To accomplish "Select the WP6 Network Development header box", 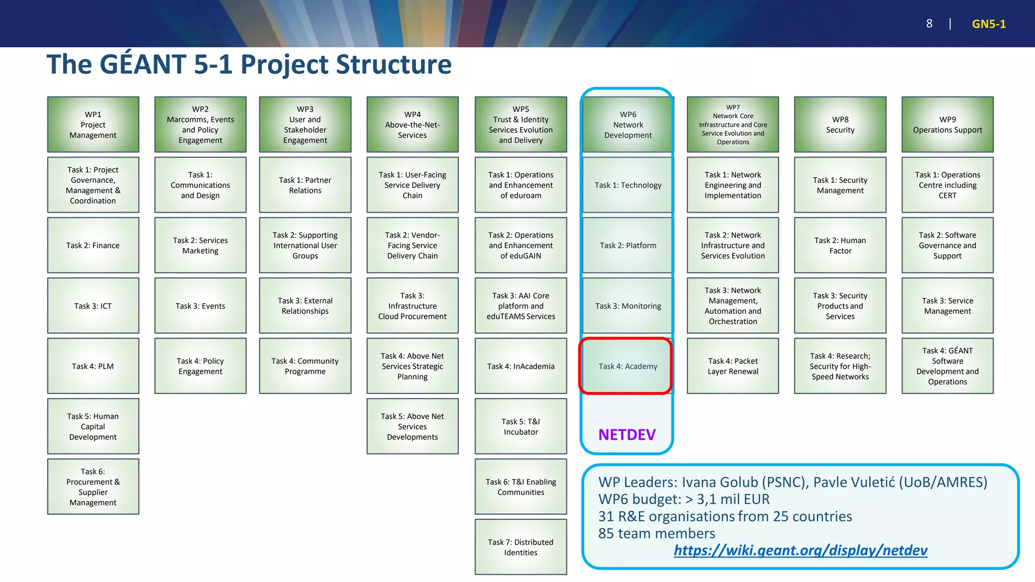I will (x=628, y=125).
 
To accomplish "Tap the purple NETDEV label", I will (x=627, y=434).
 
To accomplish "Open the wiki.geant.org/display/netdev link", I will (x=800, y=550).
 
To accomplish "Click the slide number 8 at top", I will (x=929, y=24).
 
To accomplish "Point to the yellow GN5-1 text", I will (x=989, y=24).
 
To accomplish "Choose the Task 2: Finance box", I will (x=93, y=246).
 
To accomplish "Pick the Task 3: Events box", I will (x=200, y=306).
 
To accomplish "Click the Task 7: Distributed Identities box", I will (x=521, y=547).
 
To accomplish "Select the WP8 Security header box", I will (x=840, y=125).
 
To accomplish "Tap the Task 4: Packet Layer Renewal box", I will (x=733, y=366).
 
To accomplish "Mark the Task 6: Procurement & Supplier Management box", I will (x=93, y=487).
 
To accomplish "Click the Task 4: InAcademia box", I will (x=521, y=366).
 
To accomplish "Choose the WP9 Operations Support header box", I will (x=948, y=125).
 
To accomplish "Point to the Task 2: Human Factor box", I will (x=840, y=246).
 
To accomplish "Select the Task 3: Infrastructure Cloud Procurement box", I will (x=412, y=306).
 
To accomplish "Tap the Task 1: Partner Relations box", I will (x=305, y=185).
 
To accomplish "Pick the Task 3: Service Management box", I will (x=948, y=306).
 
